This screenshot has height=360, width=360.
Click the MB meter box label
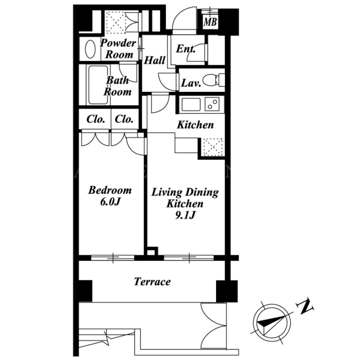click(210, 22)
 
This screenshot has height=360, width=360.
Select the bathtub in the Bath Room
click(98, 85)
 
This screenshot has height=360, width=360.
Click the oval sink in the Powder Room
click(90, 49)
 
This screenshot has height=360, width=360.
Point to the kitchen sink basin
click(191, 104)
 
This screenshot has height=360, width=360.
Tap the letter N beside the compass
click(305, 307)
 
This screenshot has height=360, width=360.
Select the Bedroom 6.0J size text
click(110, 202)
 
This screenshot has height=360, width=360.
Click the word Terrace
click(153, 282)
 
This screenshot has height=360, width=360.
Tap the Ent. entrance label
click(186, 49)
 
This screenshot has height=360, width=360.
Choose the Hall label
click(154, 60)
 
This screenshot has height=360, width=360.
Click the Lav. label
click(191, 83)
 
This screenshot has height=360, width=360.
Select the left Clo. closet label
click(96, 119)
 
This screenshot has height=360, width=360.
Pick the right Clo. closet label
click(124, 119)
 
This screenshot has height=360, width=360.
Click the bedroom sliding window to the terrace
click(113, 257)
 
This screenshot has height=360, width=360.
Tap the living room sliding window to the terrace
click(189, 257)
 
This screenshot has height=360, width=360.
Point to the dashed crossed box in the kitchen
click(212, 147)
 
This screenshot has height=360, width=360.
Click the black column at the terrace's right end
click(227, 291)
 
